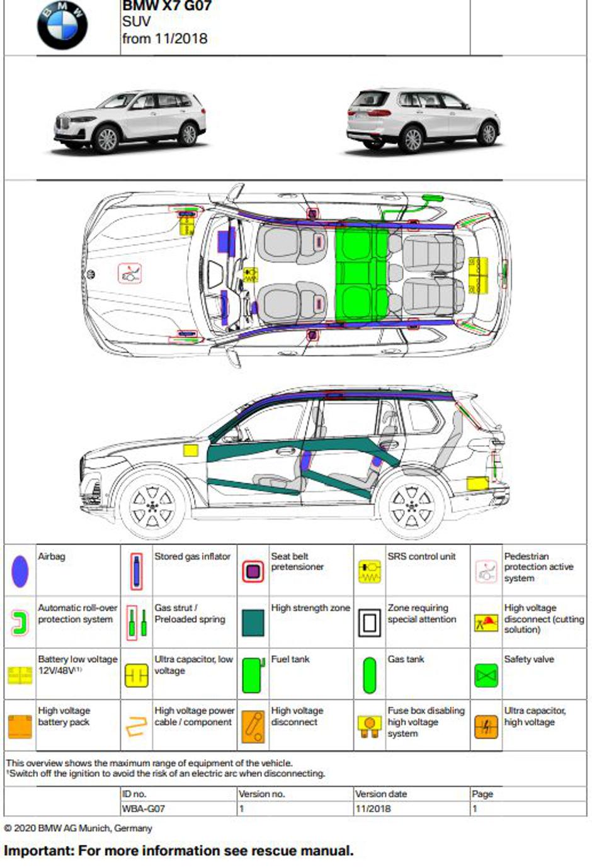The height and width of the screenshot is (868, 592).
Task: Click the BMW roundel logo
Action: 62,25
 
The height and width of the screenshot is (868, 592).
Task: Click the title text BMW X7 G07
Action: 167,6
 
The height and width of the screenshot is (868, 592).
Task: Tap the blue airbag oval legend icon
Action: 20,571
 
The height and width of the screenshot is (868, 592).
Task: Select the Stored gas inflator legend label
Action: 192,556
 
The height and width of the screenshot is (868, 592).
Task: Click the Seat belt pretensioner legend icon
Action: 253,571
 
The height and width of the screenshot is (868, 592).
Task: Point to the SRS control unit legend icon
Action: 369,571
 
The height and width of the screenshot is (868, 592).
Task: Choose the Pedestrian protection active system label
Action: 538,567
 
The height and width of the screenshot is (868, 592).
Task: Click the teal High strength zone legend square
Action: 253,623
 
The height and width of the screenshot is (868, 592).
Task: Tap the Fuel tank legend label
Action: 290,659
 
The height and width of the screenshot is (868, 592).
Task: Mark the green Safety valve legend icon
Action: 486,675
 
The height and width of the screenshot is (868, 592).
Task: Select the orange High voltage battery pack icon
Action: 20,726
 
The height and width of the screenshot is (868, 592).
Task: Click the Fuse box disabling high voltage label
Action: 426,722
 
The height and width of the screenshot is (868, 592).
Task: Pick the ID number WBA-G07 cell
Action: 144,809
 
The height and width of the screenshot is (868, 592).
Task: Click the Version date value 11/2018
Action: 373,809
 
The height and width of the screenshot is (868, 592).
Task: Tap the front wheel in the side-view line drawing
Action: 152,505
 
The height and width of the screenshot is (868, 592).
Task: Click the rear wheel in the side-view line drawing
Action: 411,505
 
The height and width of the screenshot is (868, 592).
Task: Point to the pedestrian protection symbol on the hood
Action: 130,273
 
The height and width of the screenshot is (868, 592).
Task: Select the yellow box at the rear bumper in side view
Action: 477,483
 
